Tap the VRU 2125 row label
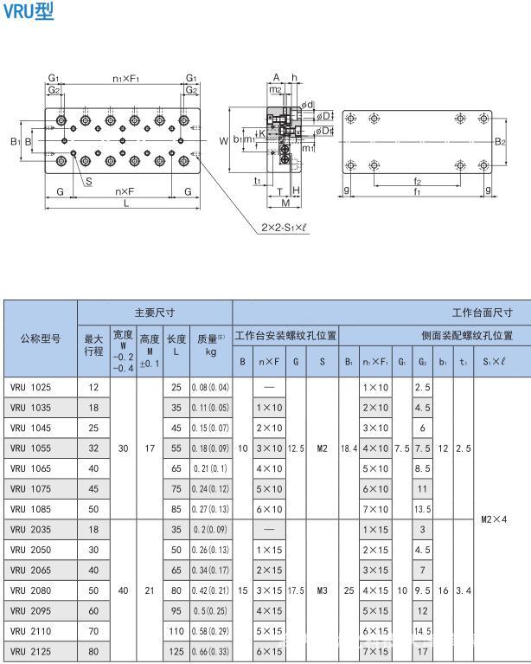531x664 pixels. point(31,650)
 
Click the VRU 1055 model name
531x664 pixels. point(31,448)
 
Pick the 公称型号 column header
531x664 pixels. point(41,338)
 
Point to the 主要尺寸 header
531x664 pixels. point(155,312)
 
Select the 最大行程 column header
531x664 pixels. point(93,345)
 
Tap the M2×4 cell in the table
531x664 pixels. point(499,519)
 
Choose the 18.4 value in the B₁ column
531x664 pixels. point(349,448)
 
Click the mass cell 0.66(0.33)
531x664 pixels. point(211,650)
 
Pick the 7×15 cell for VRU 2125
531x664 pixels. point(375,650)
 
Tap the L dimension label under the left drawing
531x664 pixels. point(126,203)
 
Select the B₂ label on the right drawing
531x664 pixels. point(499,141)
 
